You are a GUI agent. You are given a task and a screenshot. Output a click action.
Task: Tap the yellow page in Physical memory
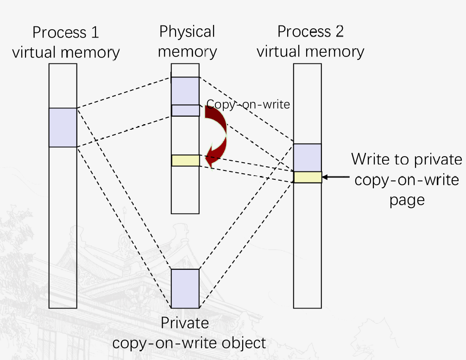(185, 160)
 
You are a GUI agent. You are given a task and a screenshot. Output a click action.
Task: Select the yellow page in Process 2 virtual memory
(307, 177)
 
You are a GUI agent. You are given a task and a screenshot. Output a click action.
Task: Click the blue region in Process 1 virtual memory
(63, 127)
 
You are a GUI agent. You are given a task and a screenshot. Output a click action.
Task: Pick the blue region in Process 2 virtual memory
(307, 158)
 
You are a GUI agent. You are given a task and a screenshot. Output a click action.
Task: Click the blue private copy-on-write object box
(185, 288)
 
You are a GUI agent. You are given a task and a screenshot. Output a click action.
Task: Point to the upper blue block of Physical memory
(185, 91)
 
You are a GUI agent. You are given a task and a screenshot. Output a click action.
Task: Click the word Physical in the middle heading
(187, 32)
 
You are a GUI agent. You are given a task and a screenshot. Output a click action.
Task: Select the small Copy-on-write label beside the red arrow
(248, 104)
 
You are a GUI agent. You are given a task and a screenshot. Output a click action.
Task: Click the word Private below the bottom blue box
(185, 323)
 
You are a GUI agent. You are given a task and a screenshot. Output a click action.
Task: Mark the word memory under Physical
(187, 51)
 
